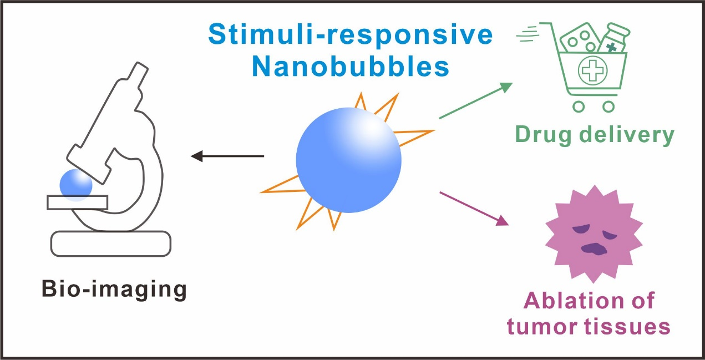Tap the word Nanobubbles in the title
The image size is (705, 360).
(x=351, y=67)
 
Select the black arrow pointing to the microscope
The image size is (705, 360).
(x=227, y=156)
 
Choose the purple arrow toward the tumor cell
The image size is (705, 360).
(x=474, y=208)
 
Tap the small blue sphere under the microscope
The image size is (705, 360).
(x=75, y=184)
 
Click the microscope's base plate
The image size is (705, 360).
(x=111, y=243)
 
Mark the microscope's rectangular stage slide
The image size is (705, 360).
(x=78, y=203)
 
